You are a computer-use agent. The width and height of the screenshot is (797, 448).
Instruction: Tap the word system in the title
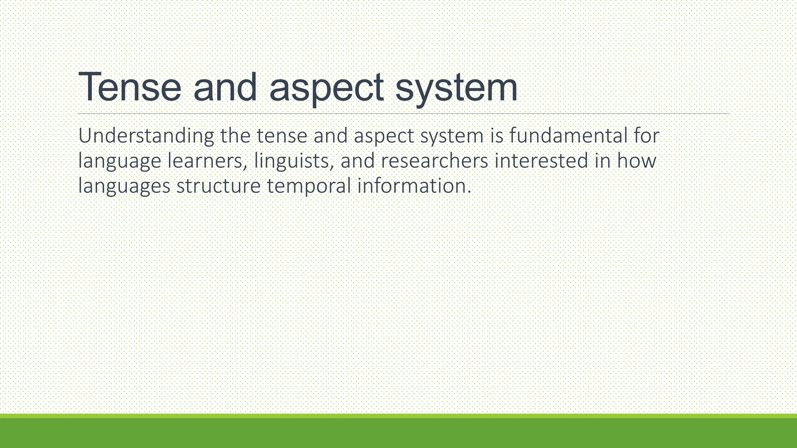(x=456, y=87)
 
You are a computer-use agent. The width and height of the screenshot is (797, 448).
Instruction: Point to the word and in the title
(x=225, y=87)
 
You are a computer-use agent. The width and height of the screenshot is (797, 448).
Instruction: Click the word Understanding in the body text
(x=146, y=136)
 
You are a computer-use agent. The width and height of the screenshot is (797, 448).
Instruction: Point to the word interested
(x=541, y=161)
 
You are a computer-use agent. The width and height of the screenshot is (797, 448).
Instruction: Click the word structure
(x=218, y=186)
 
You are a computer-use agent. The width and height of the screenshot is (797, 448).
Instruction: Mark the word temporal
(x=309, y=186)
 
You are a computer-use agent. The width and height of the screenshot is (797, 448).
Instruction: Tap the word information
(x=411, y=185)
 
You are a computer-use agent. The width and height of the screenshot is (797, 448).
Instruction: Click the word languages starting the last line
(x=124, y=186)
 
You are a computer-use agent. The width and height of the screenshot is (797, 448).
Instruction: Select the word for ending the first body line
(x=646, y=136)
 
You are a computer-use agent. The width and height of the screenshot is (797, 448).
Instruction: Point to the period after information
(x=469, y=192)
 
